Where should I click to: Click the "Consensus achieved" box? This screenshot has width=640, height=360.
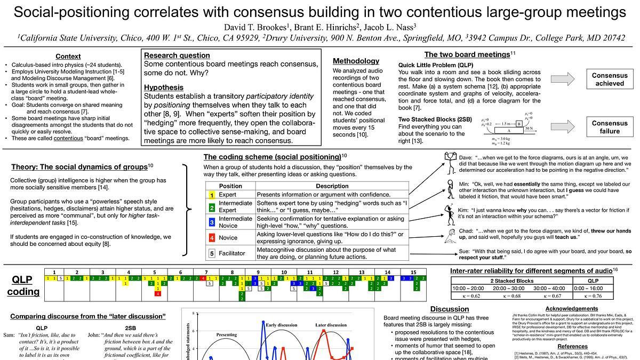coord(610,79)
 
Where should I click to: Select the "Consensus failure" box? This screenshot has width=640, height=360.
coord(610,127)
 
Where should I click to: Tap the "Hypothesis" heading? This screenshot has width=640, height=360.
coord(164,87)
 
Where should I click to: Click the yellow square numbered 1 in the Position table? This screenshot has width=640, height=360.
coord(212,195)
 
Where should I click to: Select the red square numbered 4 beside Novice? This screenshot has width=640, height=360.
coord(212,238)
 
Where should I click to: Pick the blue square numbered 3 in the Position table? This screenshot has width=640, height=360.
coord(212,222)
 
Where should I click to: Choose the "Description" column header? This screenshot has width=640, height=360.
coord(332,186)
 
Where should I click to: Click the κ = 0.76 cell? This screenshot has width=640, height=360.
coord(593,296)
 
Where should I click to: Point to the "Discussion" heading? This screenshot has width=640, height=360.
coord(449,309)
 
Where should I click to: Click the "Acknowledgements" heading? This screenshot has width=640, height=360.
coord(572,308)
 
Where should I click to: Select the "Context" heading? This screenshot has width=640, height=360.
coord(68,56)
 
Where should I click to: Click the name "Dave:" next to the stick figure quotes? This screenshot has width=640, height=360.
coord(466,157)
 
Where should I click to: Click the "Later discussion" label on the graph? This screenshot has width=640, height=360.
coord(331,325)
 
